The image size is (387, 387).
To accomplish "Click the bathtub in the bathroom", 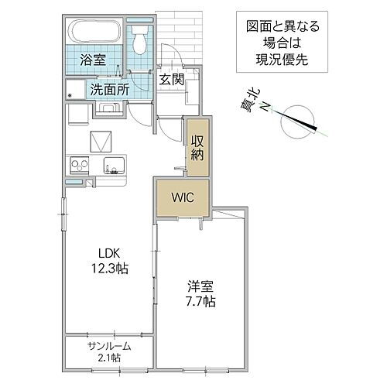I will coord(94,33).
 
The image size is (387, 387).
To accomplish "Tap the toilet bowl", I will coord(139,35).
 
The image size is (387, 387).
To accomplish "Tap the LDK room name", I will coord(108,252).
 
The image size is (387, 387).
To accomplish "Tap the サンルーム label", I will coord(108,346).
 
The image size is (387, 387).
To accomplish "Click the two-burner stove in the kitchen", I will coord(80,164).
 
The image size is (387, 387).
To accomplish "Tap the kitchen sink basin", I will coord(111,164).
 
